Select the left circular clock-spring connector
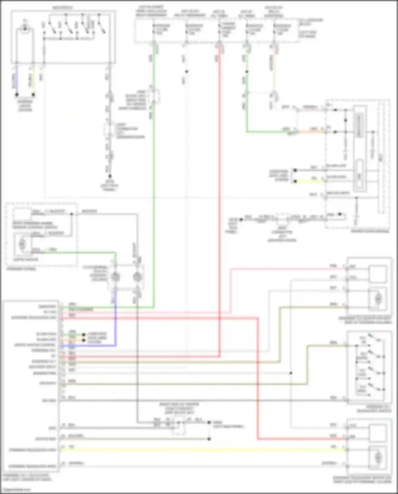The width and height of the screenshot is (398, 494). [x=115, y=277]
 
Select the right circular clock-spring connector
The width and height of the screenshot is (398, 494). [x=137, y=277]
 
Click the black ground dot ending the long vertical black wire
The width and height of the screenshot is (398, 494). [x=110, y=176]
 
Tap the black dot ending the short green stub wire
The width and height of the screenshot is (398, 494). [x=84, y=335]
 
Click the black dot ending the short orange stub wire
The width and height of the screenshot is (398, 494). [x=84, y=340]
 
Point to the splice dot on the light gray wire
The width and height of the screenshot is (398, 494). [x=291, y=373]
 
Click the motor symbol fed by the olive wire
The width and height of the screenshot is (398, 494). [x=378, y=299]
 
